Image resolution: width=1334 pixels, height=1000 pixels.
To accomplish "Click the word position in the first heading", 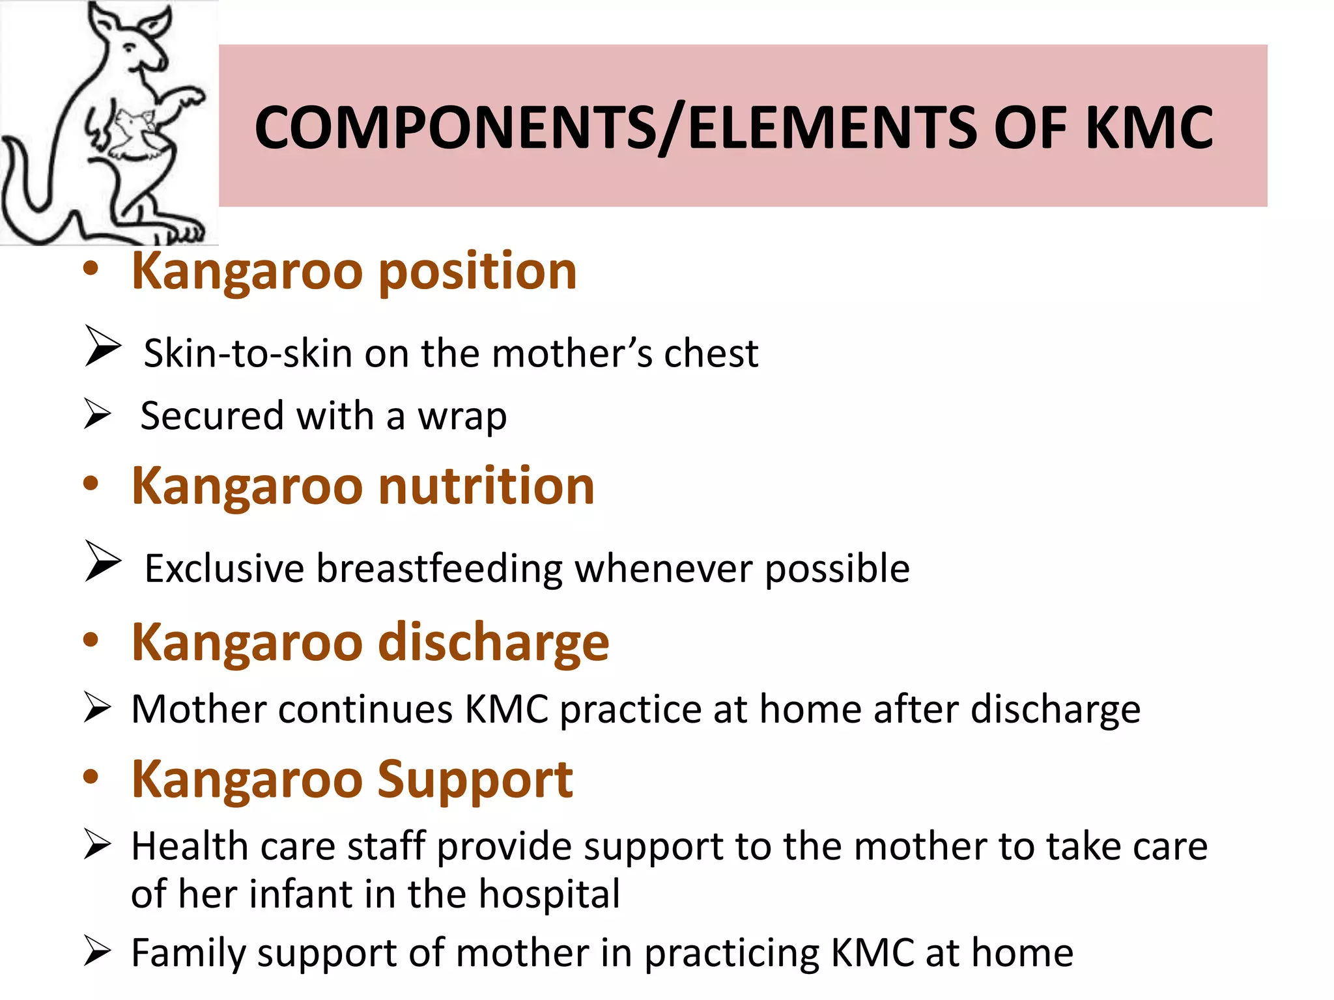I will [477, 272].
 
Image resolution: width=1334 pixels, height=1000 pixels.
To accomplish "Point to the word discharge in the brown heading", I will [494, 643].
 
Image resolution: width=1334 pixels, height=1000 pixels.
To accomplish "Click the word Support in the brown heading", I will [475, 780].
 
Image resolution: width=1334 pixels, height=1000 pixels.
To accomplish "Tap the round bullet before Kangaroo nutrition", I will [91, 484].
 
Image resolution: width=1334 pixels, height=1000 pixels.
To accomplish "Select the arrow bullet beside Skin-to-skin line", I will [102, 346].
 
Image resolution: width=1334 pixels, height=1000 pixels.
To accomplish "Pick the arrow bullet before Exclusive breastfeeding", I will [102, 561].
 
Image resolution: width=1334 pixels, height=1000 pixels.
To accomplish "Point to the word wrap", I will [462, 417].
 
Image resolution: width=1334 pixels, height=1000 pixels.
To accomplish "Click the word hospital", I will [549, 894].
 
